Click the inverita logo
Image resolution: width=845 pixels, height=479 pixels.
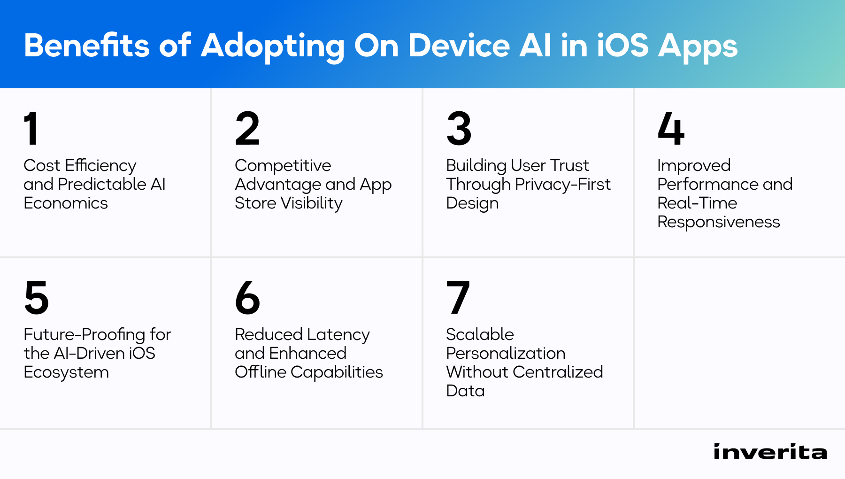(770, 452)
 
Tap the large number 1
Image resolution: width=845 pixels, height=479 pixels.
(31, 128)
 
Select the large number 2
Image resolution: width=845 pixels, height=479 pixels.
(247, 128)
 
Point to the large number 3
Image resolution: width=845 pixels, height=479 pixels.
(459, 128)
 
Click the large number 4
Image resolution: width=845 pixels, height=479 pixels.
(671, 128)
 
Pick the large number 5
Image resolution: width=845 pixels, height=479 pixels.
(36, 297)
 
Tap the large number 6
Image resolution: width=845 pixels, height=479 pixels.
(247, 297)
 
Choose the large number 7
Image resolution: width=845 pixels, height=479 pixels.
(458, 297)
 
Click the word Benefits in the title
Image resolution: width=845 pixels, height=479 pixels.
(87, 46)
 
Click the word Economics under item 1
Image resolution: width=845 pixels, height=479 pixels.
(66, 203)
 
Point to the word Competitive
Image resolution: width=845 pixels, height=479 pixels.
(283, 165)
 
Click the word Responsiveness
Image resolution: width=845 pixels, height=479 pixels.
(718, 222)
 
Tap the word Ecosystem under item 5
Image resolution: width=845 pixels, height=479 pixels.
(66, 372)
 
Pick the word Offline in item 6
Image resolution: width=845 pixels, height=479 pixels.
(261, 372)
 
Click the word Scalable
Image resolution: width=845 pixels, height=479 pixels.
(480, 334)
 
